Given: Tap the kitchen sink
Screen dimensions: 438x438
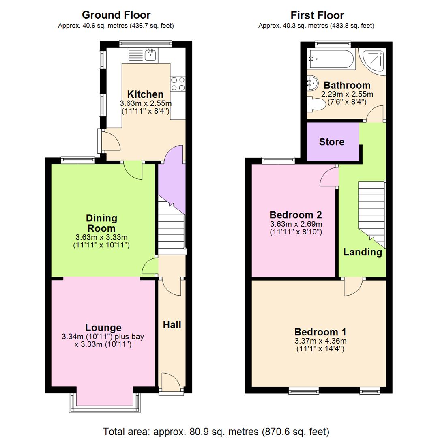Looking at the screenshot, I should coord(150,54).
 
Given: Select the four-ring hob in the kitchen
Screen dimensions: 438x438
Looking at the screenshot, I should coord(178,84).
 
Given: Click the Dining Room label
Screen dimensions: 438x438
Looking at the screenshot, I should coord(101,223).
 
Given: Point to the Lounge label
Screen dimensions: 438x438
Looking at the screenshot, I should coord(103,327).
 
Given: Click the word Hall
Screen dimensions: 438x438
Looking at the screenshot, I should coord(172,324).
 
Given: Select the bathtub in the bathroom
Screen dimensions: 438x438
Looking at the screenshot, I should coord(331,59).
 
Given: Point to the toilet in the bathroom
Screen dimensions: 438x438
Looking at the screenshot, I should coord(317,105).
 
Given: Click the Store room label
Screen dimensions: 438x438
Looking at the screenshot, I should coord(332,142).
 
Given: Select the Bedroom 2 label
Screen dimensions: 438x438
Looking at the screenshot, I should coord(296,215).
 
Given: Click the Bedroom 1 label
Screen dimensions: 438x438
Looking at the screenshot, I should coord(320,331).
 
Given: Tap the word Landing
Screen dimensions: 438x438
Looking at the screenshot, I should coord(363,252).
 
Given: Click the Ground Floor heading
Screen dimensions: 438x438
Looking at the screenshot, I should coord(116,15).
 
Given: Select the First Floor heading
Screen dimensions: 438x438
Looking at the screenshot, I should coord(317,15).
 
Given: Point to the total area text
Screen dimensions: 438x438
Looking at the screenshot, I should coord(216,431).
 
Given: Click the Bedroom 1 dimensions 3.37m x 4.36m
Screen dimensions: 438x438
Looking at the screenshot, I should coord(320,341).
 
